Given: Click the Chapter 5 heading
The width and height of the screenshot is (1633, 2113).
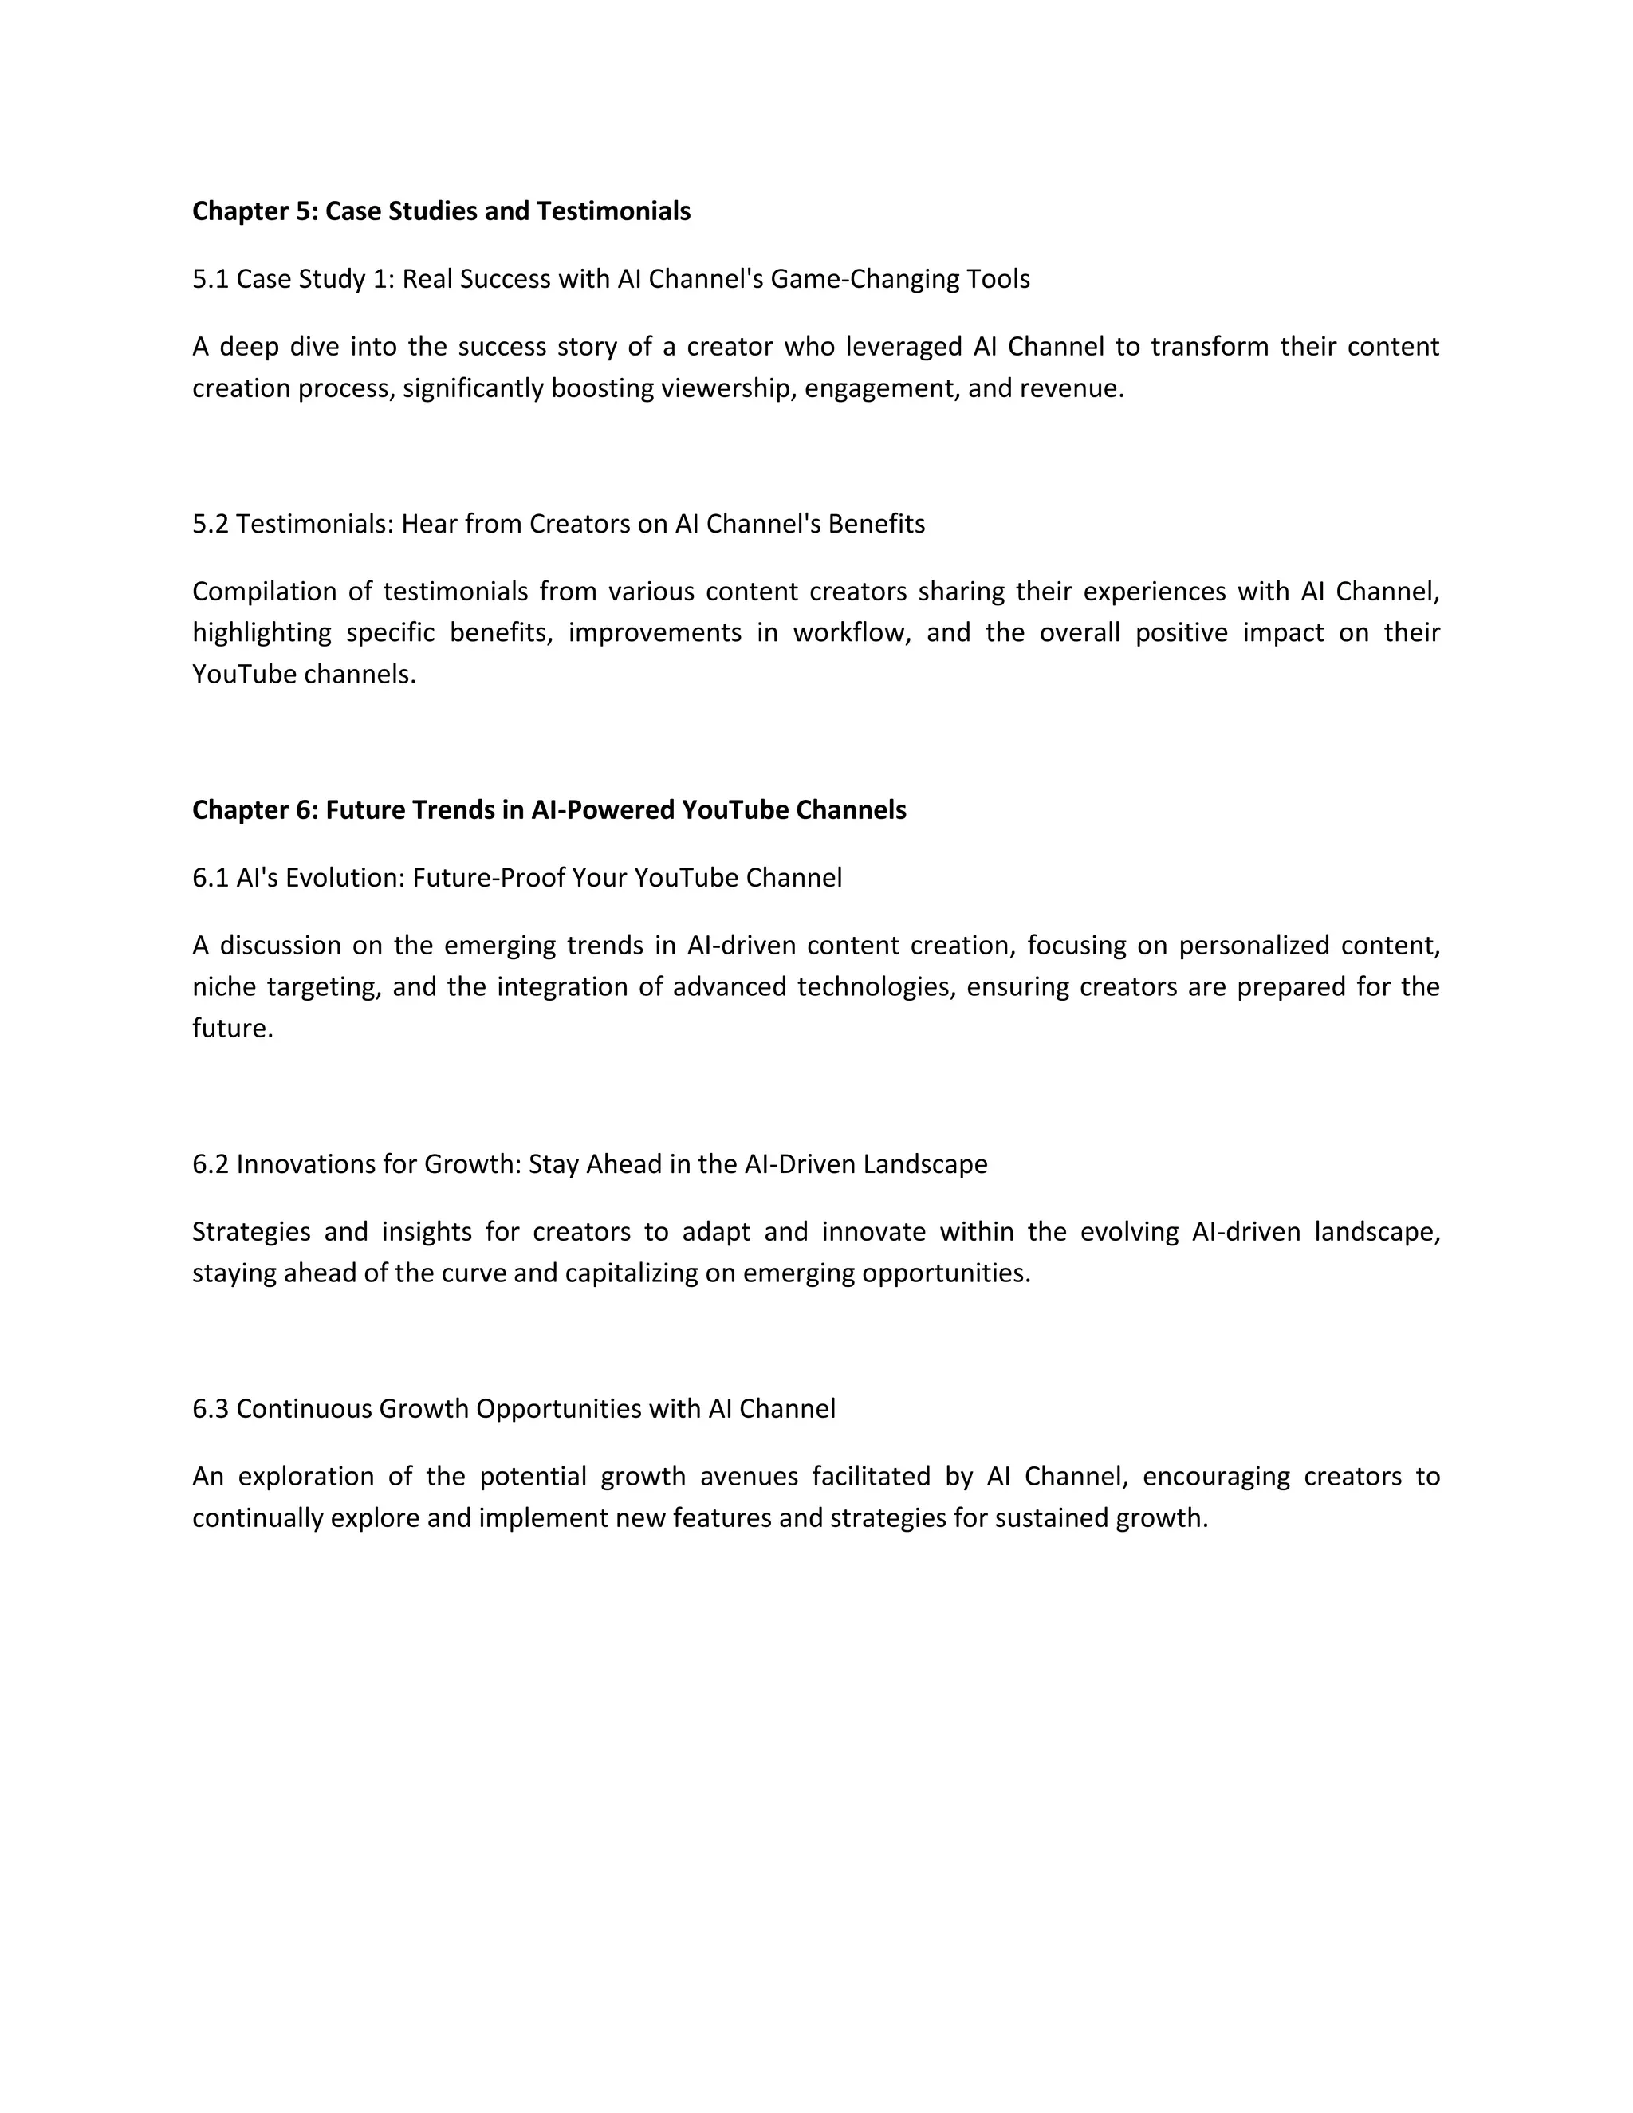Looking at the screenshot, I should pyautogui.click(x=441, y=211).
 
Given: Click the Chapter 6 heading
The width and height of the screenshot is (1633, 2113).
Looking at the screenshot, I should pyautogui.click(x=549, y=810).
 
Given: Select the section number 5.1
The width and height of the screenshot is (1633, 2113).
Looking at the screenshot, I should pyautogui.click(x=210, y=280).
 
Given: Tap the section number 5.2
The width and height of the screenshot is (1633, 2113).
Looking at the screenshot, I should pyautogui.click(x=210, y=525).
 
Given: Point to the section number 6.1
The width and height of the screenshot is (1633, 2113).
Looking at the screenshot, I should pyautogui.click(x=210, y=879).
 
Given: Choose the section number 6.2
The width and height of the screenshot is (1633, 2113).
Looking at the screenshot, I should pyautogui.click(x=210, y=1164).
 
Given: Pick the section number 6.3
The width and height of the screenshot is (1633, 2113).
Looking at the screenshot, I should pyautogui.click(x=210, y=1409).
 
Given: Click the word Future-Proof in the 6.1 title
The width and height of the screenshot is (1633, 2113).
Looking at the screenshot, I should pyautogui.click(x=490, y=879).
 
